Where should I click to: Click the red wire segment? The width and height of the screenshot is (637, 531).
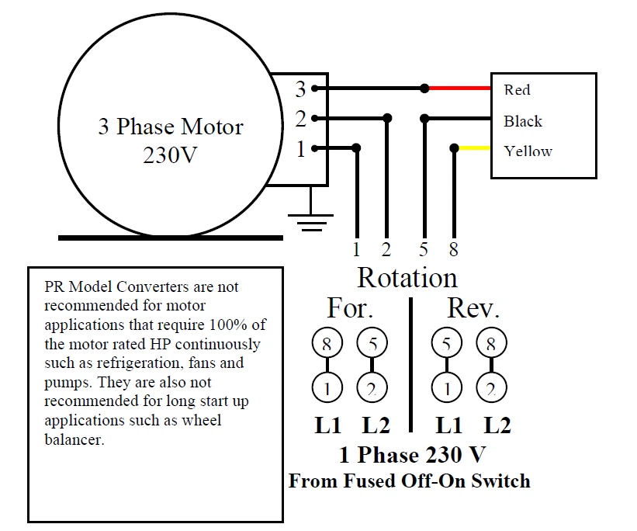[x=458, y=88]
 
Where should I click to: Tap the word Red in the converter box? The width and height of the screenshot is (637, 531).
[x=517, y=90]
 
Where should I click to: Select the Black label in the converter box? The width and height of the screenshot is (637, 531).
[x=523, y=121]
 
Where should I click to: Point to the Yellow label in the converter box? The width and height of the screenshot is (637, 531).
[x=528, y=151]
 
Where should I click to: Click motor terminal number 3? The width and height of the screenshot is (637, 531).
[x=300, y=89]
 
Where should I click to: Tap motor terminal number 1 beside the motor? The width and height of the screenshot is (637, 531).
[x=300, y=148]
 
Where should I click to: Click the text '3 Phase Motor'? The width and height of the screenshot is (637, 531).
[x=171, y=127]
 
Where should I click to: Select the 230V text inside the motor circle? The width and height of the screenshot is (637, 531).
[x=171, y=154]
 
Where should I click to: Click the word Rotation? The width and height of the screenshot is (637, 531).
[x=407, y=277]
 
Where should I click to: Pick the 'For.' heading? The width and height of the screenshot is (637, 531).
[x=351, y=308]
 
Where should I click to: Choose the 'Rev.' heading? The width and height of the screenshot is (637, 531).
[x=473, y=308]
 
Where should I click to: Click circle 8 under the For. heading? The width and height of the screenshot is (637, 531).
[x=327, y=342]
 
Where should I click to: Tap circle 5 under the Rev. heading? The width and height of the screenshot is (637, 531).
[x=446, y=342]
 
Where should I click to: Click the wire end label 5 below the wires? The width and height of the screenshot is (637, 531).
[x=424, y=250]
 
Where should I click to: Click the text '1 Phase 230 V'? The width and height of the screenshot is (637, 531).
[x=412, y=454]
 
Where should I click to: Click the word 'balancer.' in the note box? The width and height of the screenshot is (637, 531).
[x=74, y=439]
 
